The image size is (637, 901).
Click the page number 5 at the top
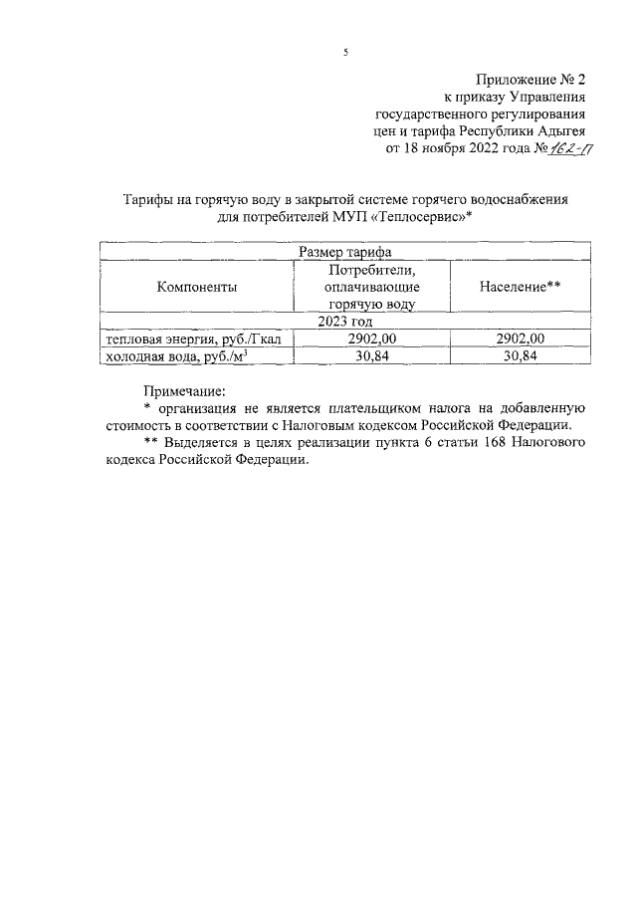click(345, 51)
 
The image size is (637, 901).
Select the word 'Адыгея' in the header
click(560, 131)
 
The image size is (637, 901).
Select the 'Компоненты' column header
click(196, 287)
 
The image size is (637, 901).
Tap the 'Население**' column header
click(520, 287)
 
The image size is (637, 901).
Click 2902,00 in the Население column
click(520, 339)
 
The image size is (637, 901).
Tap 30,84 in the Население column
click(520, 356)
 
